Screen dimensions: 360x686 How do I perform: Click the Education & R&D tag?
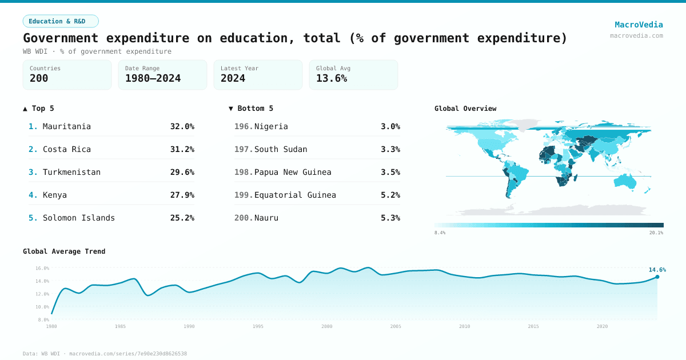coord(61,21)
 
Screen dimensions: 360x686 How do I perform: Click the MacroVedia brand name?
coord(639,25)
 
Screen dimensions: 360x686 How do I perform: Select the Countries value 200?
coord(39,78)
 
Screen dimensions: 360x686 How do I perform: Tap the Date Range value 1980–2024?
coord(153,78)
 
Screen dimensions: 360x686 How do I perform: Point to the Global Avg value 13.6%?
coord(332,78)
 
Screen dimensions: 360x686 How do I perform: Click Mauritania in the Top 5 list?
coord(66,126)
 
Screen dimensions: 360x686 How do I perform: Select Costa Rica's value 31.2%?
coord(182,149)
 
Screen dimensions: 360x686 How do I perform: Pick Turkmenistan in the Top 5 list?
coord(71,172)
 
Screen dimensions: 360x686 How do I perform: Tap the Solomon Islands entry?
coord(78,218)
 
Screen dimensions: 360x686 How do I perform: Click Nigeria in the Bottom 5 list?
coord(271,126)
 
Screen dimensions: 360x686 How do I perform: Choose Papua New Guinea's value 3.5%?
coord(390,172)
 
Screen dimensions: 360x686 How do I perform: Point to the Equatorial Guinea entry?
coord(295,195)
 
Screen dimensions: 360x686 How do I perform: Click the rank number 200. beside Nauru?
coord(244,218)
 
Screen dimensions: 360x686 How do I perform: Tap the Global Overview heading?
coord(465,109)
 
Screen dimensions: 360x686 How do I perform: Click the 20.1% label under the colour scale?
coord(656,233)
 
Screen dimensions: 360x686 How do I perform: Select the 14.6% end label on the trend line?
coord(657,270)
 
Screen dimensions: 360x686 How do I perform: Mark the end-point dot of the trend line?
coord(657,277)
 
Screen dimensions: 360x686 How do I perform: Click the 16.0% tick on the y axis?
coord(42,268)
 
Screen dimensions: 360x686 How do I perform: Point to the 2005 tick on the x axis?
coord(396,326)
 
